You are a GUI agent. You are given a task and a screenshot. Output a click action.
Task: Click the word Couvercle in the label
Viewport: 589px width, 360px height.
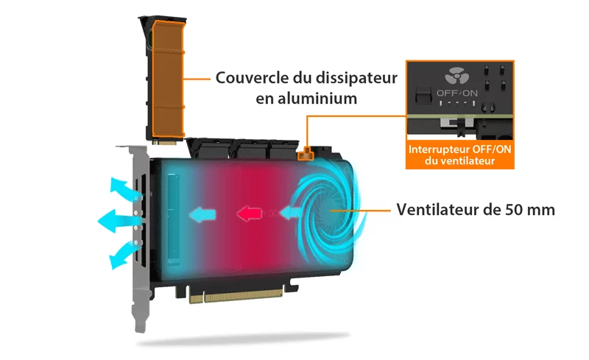(253, 78)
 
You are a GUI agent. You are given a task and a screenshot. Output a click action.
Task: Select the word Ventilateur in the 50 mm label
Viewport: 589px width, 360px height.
(437, 209)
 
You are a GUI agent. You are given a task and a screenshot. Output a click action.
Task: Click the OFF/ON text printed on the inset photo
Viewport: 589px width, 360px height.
(456, 93)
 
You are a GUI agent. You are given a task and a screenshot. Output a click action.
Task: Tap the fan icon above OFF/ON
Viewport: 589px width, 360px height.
(456, 76)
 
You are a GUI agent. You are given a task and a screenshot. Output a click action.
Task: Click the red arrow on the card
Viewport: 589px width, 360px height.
(249, 213)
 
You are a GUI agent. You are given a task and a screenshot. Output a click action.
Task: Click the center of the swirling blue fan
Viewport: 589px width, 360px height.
(330, 211)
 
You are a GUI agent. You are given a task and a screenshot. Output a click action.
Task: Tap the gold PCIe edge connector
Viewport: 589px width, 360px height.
(236, 295)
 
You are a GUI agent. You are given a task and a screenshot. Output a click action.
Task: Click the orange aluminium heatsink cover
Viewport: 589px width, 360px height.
(168, 79)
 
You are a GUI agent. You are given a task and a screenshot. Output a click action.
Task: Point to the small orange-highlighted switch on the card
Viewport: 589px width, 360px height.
(306, 154)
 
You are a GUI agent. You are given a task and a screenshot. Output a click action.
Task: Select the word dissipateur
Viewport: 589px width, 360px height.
(356, 78)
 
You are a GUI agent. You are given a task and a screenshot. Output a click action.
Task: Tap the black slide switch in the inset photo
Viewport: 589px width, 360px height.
(423, 94)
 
